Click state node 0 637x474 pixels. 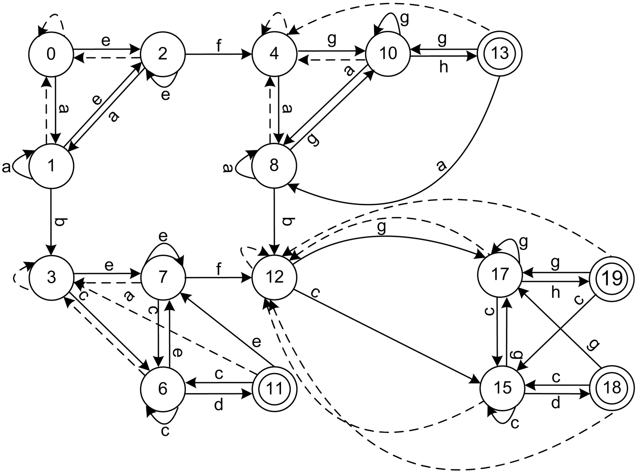tap(51, 54)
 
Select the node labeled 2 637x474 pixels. tap(162, 54)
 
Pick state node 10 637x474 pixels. tap(388, 53)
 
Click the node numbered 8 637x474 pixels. tap(274, 165)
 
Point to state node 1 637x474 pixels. tap(51, 165)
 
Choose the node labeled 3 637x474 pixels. tap(51, 277)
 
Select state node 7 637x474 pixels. tap(162, 277)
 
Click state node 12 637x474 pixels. tap(274, 277)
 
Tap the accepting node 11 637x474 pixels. tap(274, 389)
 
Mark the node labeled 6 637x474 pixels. tap(162, 389)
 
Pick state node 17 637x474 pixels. tap(499, 275)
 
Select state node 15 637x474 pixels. tap(502, 388)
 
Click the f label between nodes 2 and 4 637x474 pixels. tap(219, 46)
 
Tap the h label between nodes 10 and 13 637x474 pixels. tap(444, 67)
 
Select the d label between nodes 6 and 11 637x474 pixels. tap(218, 405)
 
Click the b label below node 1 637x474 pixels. tap(60, 223)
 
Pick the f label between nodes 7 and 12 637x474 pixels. tap(219, 269)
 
